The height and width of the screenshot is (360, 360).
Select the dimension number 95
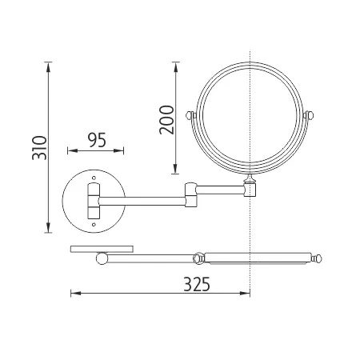pos(96,140)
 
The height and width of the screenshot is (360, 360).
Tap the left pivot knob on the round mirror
pos(190,116)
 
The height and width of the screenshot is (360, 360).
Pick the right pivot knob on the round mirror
pos(312,116)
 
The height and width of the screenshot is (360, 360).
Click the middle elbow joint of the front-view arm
pos(191,194)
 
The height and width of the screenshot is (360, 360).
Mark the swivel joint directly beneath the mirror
pos(251,190)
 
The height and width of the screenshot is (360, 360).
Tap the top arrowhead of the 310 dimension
pos(48,65)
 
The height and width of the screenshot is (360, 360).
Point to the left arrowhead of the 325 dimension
pos(74,294)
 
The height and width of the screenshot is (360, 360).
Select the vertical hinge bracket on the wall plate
pos(93,201)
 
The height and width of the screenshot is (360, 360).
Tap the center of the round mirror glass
pos(251,115)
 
